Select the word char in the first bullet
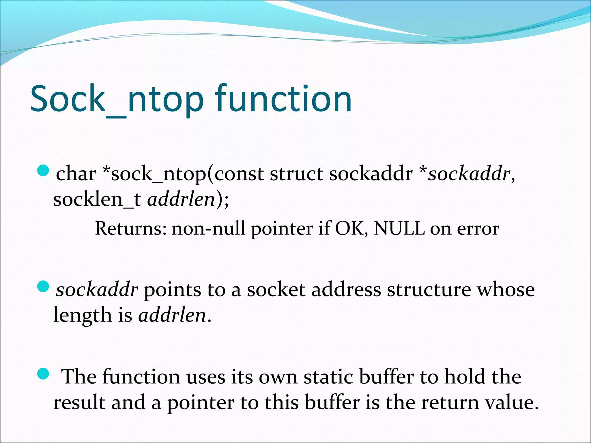[76, 174]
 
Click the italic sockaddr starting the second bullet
[97, 290]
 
